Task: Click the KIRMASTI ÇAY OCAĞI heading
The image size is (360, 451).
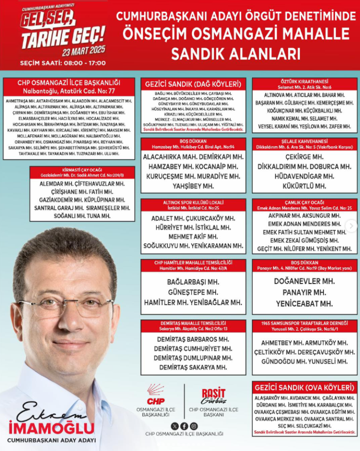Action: (82, 171)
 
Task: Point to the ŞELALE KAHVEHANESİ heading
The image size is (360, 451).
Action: (305, 142)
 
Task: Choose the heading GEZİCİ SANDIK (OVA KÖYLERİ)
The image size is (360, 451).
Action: (305, 388)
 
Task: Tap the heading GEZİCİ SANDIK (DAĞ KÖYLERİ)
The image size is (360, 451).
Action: (193, 84)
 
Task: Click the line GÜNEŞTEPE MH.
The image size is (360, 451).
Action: (193, 292)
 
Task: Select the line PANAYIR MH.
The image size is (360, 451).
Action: (304, 292)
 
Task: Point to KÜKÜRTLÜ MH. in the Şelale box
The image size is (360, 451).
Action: (305, 186)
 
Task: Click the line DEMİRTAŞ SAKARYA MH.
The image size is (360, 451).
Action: (193, 367)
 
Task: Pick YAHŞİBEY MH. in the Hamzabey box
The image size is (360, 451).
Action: (193, 186)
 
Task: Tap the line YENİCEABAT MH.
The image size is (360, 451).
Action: (304, 303)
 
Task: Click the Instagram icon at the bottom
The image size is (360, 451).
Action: (193, 426)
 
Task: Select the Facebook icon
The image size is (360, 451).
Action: (184, 426)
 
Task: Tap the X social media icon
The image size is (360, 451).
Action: (175, 426)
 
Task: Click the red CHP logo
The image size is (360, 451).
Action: (156, 394)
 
